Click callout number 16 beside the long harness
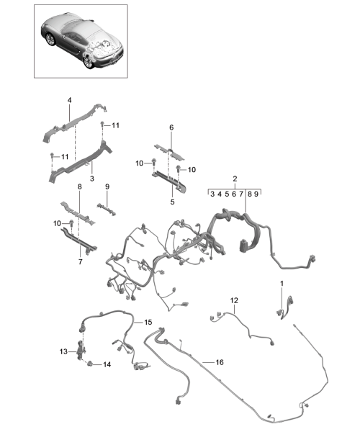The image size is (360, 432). (220, 362)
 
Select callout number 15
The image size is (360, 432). (148, 322)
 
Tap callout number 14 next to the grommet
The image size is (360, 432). (107, 364)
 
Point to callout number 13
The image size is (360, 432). (63, 351)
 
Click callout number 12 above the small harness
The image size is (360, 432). (234, 300)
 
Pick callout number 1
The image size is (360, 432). (282, 283)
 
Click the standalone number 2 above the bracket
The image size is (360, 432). (235, 179)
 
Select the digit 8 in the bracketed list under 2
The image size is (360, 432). (250, 194)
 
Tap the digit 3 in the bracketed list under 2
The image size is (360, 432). (212, 194)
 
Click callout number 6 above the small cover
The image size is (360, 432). (171, 127)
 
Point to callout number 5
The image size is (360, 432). (172, 202)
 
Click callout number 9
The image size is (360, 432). (107, 186)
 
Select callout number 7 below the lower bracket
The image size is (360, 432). (80, 261)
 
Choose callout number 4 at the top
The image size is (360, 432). (69, 100)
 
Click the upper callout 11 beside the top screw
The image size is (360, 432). (115, 125)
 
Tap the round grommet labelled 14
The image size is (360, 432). (89, 364)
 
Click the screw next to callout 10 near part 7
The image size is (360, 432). (71, 223)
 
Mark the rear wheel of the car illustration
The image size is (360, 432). (89, 61)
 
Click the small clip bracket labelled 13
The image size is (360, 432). (81, 350)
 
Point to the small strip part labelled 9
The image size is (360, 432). (107, 210)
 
